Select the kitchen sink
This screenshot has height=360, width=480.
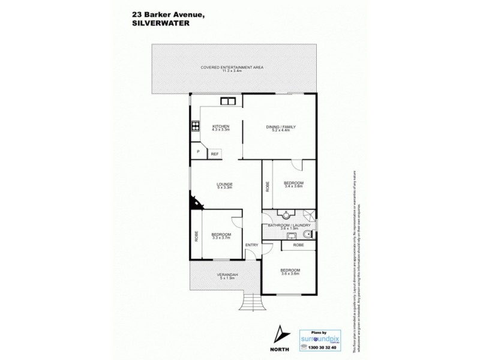[x=228, y=101]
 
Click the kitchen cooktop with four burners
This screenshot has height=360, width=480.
[x=195, y=126]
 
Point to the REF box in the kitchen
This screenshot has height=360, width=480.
[x=215, y=154]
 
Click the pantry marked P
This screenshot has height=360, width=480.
[x=197, y=152]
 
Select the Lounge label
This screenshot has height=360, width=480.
[x=225, y=184]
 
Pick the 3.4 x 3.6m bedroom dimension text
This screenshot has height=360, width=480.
[x=294, y=187]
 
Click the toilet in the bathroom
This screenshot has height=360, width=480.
[x=308, y=233]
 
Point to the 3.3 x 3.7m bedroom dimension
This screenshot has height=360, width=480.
[x=221, y=238]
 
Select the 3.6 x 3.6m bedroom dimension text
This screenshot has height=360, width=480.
[x=290, y=274]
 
